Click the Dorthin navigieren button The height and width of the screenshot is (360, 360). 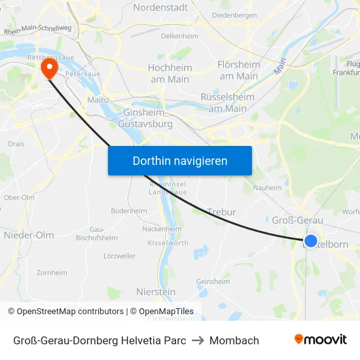tap(179, 160)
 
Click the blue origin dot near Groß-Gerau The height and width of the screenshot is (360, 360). tap(311, 241)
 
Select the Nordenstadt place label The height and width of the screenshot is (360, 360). tap(160, 8)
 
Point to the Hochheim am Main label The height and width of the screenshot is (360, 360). tap(168, 73)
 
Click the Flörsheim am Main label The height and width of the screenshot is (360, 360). tap(239, 70)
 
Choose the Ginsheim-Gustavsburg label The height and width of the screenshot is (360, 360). tap(147, 118)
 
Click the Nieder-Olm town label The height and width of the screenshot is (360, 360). tap(29, 235)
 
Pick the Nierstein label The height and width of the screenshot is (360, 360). tap(155, 291)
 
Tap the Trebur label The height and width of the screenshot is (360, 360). tap(221, 212)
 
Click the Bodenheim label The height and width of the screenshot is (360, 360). tap(129, 211)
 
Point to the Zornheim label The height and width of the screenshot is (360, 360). tap(52, 272)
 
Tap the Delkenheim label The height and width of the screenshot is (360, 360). tap(179, 37)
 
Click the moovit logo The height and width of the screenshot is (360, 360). tap(320, 340)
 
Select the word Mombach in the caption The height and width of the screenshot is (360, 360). tap(234, 340)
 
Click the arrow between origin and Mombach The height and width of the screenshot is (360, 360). tap(198, 340)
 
